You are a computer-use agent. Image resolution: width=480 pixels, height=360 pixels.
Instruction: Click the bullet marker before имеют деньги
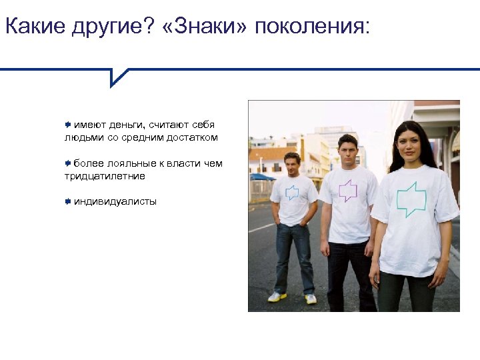pyautogui.click(x=68, y=125)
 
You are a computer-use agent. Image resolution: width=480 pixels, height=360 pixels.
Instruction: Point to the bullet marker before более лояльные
pyautogui.click(x=68, y=163)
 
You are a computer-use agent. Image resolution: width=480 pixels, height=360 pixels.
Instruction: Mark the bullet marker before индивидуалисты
pyautogui.click(x=68, y=201)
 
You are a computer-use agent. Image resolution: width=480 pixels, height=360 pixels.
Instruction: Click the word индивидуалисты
pyautogui.click(x=115, y=201)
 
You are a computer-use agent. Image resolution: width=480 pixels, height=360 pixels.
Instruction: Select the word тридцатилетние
pyautogui.click(x=105, y=176)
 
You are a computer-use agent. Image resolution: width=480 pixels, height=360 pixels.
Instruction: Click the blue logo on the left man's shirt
pyautogui.click(x=292, y=193)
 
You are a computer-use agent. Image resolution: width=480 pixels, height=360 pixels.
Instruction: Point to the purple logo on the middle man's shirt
pyautogui.click(x=348, y=191)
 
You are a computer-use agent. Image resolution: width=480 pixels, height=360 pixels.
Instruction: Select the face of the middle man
pyautogui.click(x=347, y=153)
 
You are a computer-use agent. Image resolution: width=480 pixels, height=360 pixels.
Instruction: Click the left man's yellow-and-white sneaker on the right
pyautogui.click(x=311, y=299)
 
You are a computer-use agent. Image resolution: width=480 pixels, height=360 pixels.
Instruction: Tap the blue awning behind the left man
pyautogui.click(x=262, y=177)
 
